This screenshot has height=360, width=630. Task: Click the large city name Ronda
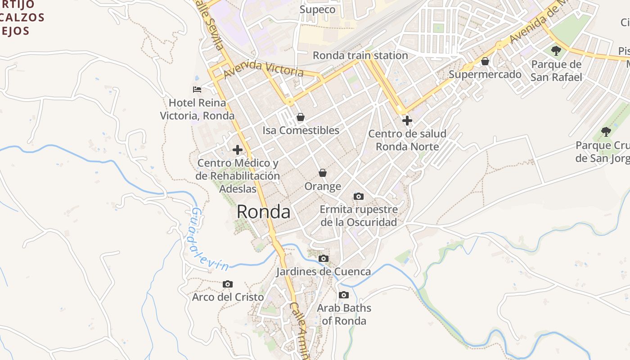coord(263,211)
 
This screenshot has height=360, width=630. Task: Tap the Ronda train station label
coord(360,55)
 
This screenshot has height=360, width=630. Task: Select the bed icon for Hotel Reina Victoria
coord(197,89)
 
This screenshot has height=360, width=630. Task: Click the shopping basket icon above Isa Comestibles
coord(301,117)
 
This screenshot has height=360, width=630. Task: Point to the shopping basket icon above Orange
coord(323,173)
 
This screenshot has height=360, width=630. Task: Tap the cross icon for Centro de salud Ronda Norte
coord(407,121)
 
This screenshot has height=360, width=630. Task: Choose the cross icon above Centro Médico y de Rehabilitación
coord(238,150)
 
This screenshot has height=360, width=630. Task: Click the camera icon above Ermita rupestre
coord(359,196)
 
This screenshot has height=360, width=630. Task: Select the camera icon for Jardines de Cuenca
coord(323,259)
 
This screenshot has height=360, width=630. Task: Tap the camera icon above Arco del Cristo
coord(228,284)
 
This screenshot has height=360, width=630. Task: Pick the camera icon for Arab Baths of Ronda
coord(344,295)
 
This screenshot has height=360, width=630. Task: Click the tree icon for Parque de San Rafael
coord(556,50)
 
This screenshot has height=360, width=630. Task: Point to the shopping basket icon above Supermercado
coord(485,61)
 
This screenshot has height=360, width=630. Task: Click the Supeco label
coord(317,9)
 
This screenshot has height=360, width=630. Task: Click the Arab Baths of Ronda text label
coord(344,315)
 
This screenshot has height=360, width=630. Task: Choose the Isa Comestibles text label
coord(301,130)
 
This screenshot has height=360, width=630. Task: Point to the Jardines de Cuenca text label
coord(323,272)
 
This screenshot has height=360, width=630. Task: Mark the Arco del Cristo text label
coord(228,297)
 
